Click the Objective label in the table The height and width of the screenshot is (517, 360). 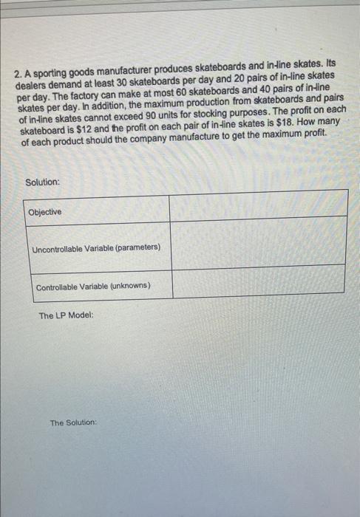pos(45,212)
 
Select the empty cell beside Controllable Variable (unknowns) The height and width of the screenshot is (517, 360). pos(259,281)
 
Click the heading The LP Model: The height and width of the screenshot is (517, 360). pos(67,315)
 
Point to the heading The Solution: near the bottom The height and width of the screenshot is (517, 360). pos(73,422)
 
